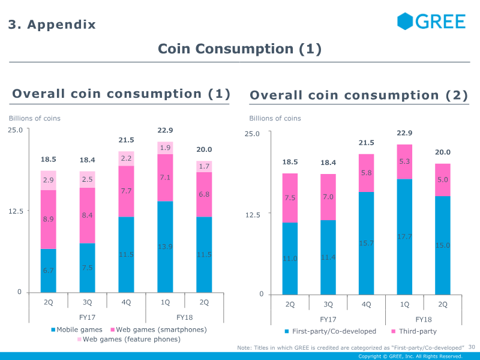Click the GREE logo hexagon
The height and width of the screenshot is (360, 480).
406,22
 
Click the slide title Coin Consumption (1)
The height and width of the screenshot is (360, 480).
239,49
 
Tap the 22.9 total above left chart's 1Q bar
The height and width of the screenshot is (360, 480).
165,130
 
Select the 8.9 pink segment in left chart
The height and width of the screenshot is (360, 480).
48,219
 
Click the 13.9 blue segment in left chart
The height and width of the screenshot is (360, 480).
165,247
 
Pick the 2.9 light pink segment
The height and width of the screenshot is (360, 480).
48,180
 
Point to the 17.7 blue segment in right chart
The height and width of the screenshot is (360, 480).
405,236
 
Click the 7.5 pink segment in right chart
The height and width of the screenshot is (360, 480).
290,198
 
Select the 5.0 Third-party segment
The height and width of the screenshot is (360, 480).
443,180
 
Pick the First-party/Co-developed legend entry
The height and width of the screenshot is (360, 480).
330,331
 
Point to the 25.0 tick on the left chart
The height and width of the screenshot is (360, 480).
15,130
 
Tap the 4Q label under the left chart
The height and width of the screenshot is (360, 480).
126,302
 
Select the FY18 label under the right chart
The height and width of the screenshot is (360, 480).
424,319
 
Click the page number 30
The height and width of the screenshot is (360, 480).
472,347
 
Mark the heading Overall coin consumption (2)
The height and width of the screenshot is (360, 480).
358,96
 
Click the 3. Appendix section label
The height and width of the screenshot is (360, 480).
52,25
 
